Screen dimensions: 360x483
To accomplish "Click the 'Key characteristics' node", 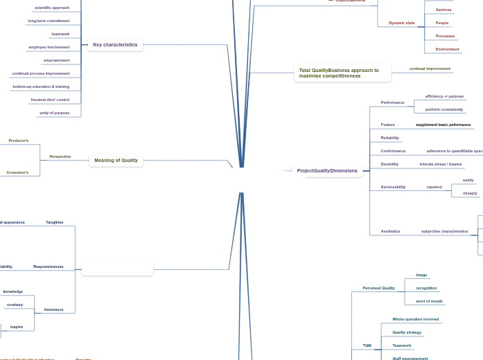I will [x=115, y=45].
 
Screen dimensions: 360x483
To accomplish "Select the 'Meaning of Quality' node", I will [x=116, y=161].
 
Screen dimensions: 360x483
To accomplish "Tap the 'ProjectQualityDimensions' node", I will [x=327, y=171].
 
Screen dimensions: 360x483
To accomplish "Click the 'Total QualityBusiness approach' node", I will [x=339, y=73].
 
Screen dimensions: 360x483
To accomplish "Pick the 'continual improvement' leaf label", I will [x=430, y=69].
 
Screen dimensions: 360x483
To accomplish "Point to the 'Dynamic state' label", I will [x=401, y=23].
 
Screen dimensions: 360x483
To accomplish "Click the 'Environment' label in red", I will [x=447, y=49].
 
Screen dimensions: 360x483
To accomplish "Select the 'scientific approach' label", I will [x=52, y=8].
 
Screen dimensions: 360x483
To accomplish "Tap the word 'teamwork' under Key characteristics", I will [x=60, y=34].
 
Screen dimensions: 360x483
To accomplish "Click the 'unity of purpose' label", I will [x=54, y=113].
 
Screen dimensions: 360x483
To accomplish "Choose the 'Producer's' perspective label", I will [x=19, y=141].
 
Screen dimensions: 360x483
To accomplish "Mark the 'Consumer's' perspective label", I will [x=17, y=172].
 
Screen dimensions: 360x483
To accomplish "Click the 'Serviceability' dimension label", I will [x=393, y=187].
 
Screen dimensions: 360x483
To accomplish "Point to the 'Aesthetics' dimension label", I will [x=390, y=231].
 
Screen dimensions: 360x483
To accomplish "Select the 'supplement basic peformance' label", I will [x=443, y=125].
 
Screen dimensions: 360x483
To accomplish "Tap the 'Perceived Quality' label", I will [x=378, y=288].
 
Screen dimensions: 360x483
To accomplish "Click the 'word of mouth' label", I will [x=429, y=301].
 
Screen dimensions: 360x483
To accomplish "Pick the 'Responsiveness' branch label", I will [x=48, y=267].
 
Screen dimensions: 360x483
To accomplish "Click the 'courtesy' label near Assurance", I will [x=15, y=305].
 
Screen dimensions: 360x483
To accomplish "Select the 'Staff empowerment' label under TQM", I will [x=410, y=359].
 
